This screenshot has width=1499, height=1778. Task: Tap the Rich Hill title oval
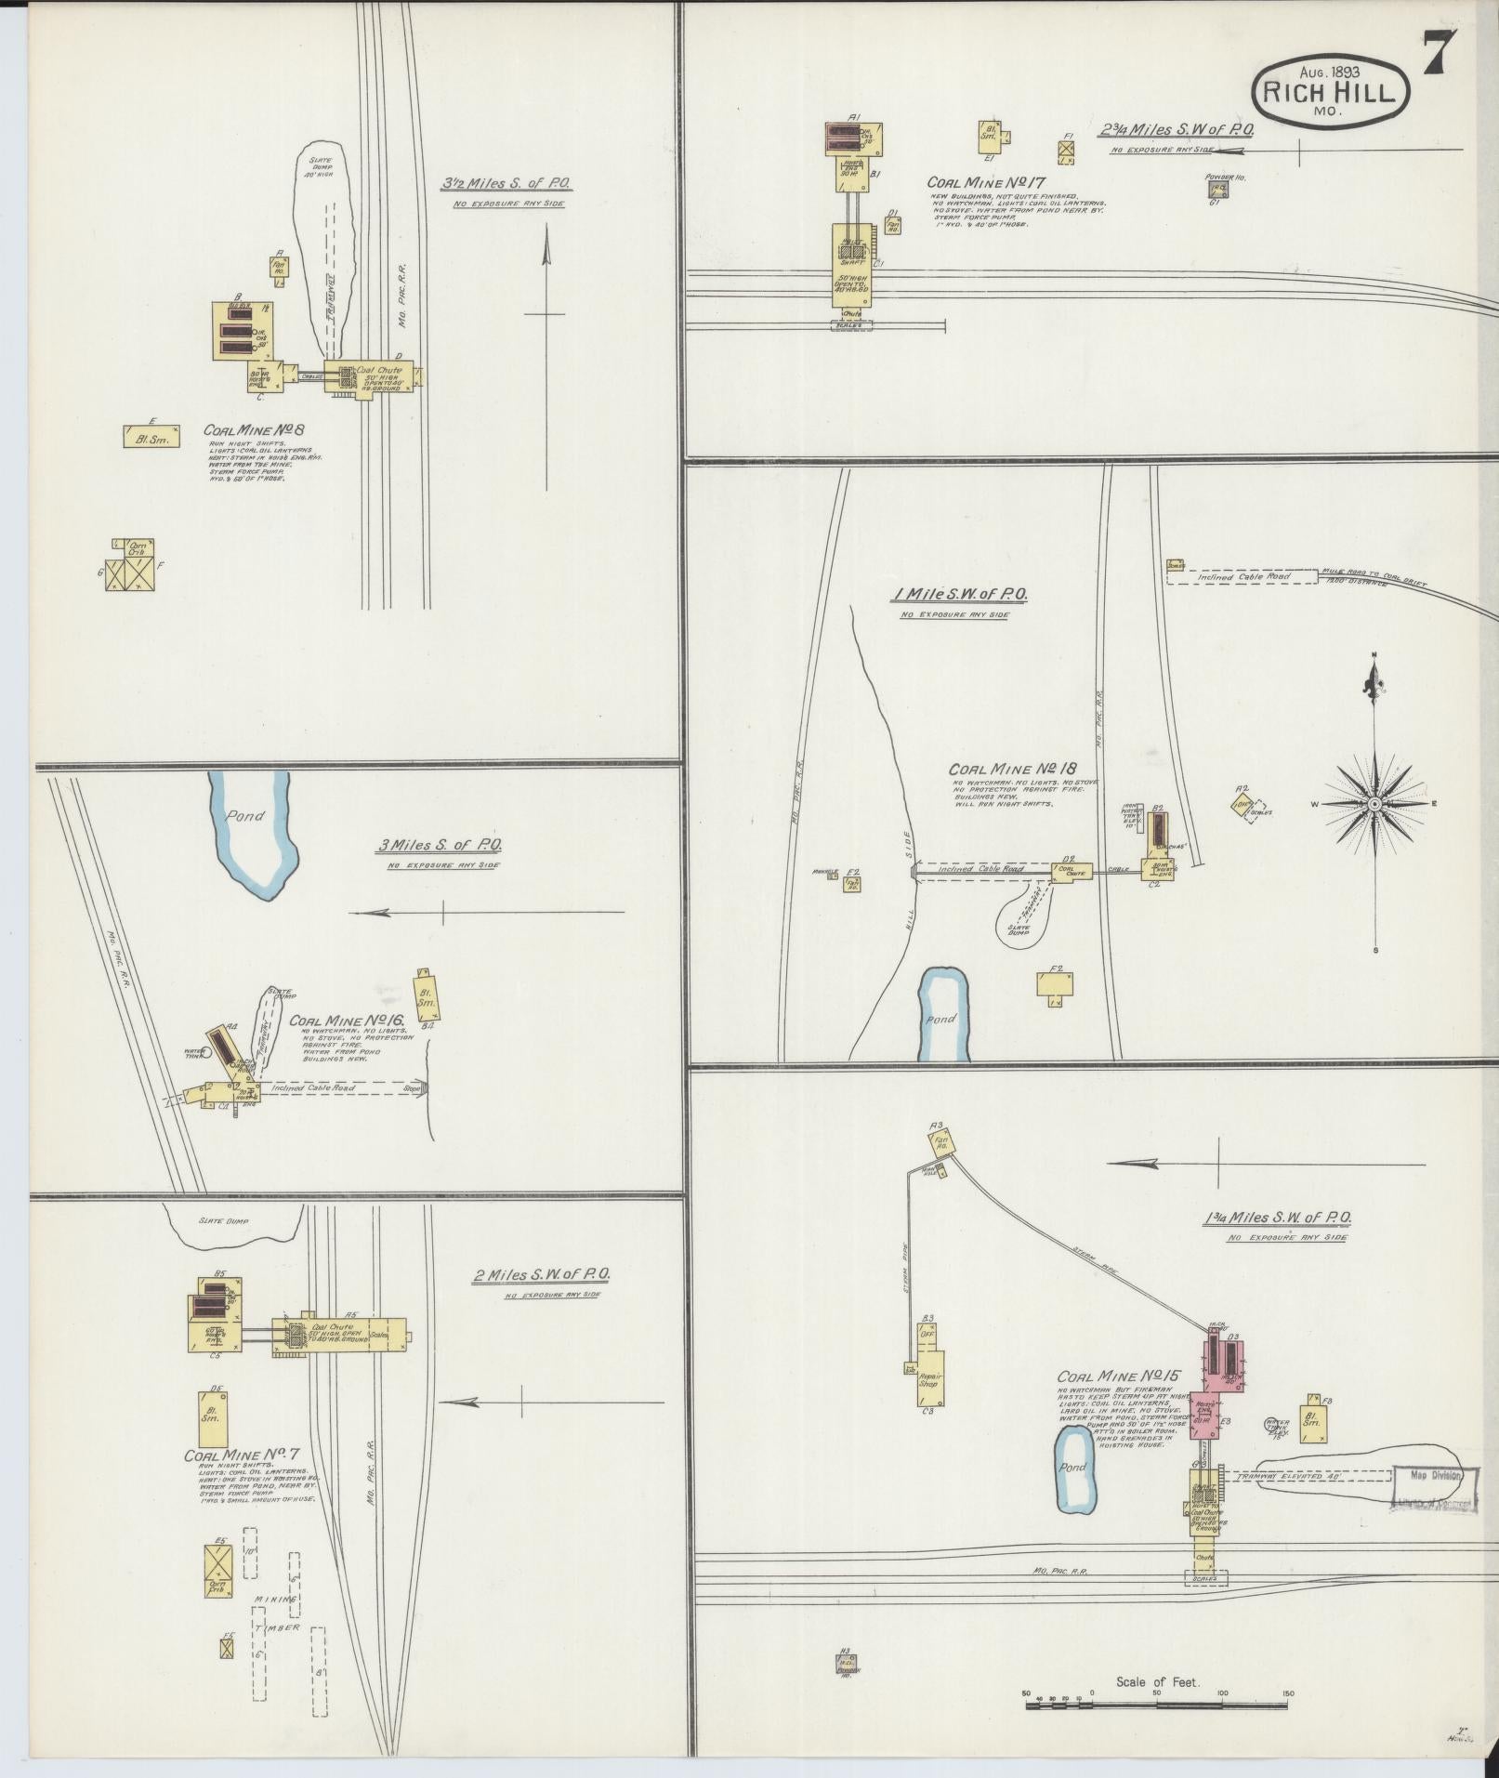[1331, 90]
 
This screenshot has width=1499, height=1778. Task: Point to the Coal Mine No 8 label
[255, 431]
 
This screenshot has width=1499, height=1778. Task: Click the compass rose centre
[1373, 804]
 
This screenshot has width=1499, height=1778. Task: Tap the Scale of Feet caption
[1158, 1681]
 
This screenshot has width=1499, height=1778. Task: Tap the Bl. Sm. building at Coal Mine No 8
[151, 437]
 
